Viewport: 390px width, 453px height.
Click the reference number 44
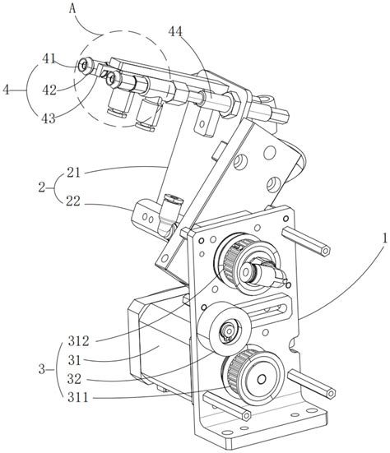point(175,32)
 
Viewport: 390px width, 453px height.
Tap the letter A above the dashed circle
point(72,9)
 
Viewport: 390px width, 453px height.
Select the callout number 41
point(49,58)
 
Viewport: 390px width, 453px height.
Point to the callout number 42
point(49,90)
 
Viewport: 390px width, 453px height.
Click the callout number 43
point(49,118)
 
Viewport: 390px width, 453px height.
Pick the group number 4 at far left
point(6,90)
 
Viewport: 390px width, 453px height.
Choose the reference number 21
point(73,173)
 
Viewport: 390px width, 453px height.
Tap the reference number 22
point(73,201)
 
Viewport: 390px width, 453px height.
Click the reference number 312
point(78,341)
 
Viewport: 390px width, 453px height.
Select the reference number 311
point(78,398)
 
